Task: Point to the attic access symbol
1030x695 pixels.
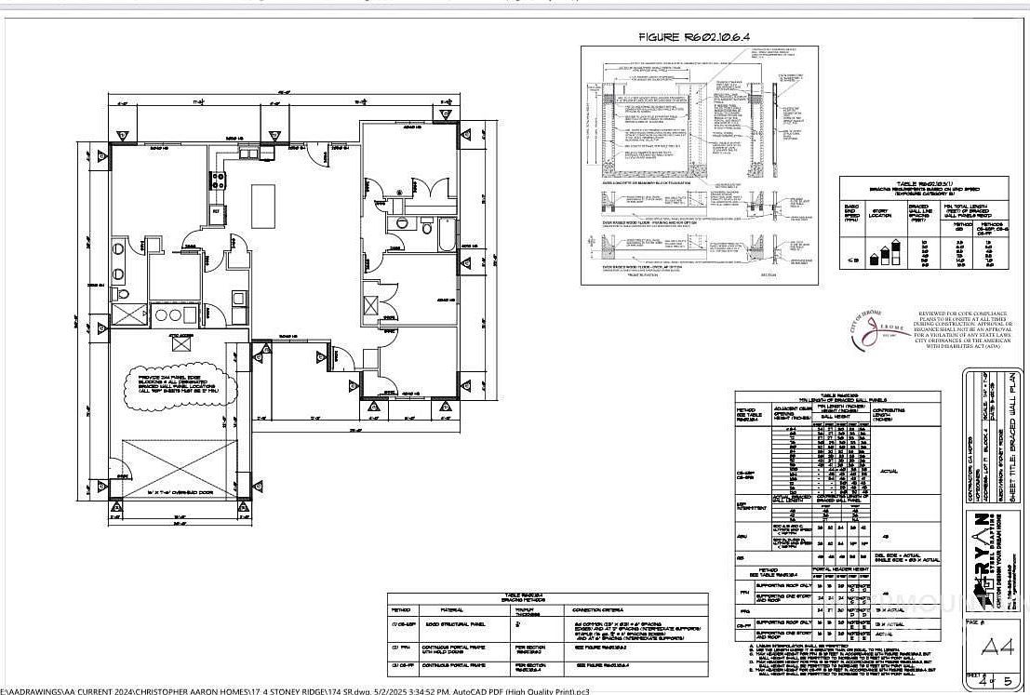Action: tap(176, 341)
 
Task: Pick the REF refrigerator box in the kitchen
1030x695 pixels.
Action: tap(216, 211)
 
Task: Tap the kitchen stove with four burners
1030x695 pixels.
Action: tap(219, 180)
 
